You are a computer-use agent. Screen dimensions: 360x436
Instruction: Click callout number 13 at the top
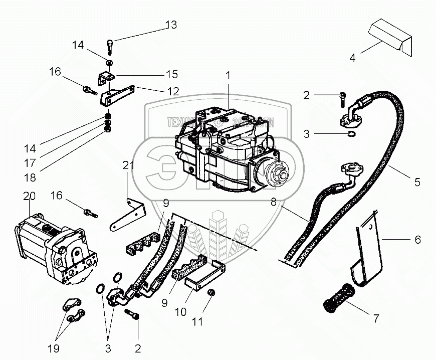[171, 25]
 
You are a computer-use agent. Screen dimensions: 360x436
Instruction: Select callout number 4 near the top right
[352, 57]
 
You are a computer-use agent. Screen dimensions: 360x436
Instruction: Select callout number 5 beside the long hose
[416, 183]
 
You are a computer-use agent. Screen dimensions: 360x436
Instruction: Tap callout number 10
[181, 312]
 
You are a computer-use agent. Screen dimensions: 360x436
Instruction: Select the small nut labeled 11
[211, 292]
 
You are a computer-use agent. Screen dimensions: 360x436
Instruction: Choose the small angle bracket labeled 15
[105, 78]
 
